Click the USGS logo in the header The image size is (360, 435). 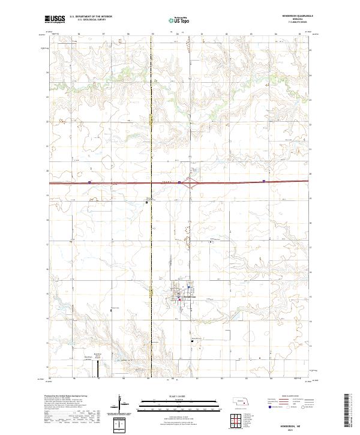pyautogui.click(x=55, y=20)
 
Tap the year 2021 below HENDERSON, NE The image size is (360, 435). pyautogui.click(x=292, y=428)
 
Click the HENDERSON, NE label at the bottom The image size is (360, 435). pyautogui.click(x=292, y=423)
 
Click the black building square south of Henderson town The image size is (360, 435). pyautogui.click(x=192, y=340)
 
